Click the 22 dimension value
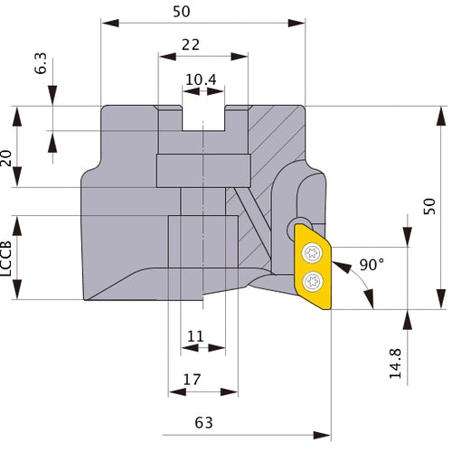tap(191, 45)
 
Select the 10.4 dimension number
tap(201, 80)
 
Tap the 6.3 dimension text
tap(41, 63)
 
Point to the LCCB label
tap(6, 259)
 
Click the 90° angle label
tap(372, 265)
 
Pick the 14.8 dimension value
tap(395, 363)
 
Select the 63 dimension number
tap(203, 423)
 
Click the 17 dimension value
tap(192, 380)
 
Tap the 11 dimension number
tap(195, 336)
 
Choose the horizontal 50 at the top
tap(182, 12)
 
